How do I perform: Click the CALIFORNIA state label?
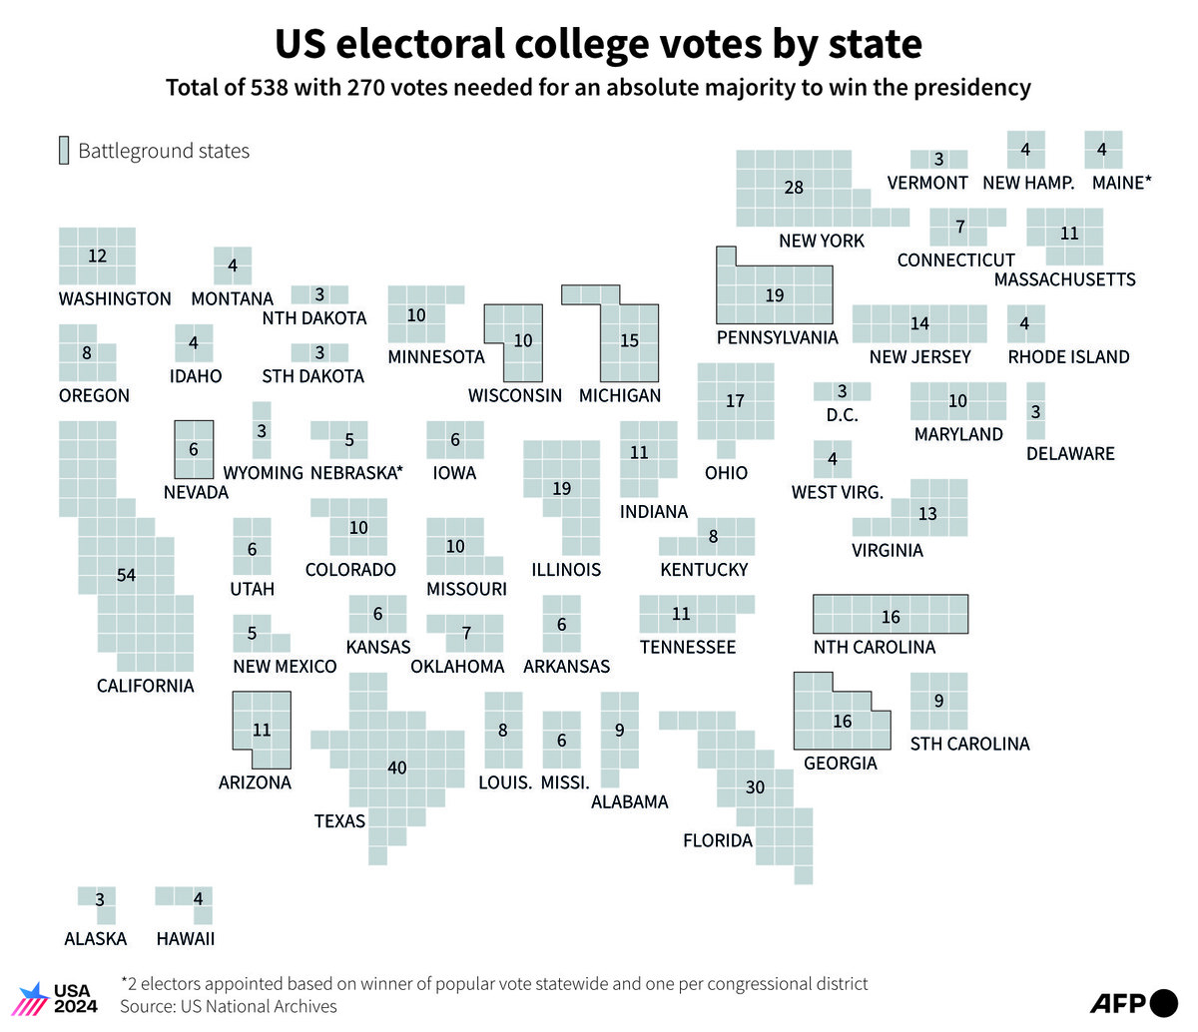(145, 686)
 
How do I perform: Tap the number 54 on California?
(126, 575)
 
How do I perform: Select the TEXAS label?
(339, 821)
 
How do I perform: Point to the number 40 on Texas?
(397, 768)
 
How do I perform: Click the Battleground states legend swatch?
(64, 151)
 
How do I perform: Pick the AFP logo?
(1134, 1003)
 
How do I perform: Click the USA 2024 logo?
(58, 998)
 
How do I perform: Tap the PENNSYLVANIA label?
(778, 337)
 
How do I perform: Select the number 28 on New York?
(794, 188)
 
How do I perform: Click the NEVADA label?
(196, 492)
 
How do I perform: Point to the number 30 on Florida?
(755, 786)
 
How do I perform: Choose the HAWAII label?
(186, 939)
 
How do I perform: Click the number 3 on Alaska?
(100, 899)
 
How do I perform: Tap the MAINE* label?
(1121, 183)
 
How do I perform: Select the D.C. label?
(843, 415)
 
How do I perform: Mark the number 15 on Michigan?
(629, 340)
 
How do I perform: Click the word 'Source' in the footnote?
(148, 1006)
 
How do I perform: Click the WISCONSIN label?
(515, 395)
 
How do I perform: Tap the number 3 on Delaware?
(1035, 412)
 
